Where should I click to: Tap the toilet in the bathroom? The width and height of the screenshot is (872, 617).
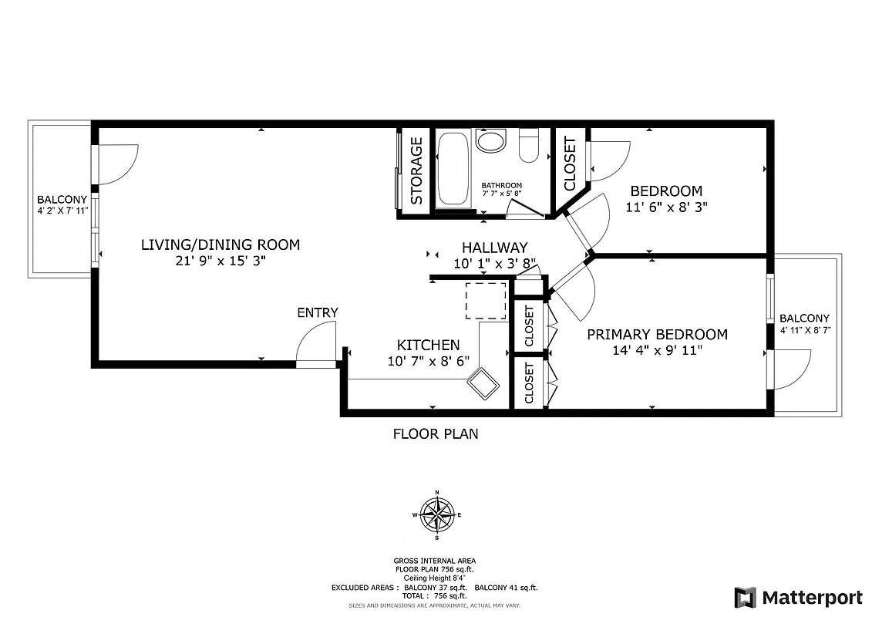tap(528, 147)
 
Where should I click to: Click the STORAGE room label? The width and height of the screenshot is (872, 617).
tap(416, 170)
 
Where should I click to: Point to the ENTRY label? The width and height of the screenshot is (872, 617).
tap(318, 312)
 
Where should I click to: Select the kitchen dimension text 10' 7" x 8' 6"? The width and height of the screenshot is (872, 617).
tap(428, 360)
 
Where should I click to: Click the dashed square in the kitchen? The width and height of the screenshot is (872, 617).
tap(486, 300)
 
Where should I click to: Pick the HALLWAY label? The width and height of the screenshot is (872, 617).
tap(494, 248)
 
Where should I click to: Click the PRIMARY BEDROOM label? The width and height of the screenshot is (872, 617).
tap(657, 334)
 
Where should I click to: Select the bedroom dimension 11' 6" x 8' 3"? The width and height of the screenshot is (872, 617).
tap(666, 207)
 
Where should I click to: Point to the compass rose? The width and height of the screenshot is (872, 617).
tap(437, 514)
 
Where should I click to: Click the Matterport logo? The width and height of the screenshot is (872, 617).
tap(798, 597)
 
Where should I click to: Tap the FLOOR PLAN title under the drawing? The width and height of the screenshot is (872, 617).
tap(436, 433)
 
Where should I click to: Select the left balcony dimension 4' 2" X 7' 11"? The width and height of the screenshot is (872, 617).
tap(62, 210)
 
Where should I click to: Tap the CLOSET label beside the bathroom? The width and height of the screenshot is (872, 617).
tap(570, 164)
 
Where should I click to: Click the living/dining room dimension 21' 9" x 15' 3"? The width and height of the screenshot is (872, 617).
tap(220, 261)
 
